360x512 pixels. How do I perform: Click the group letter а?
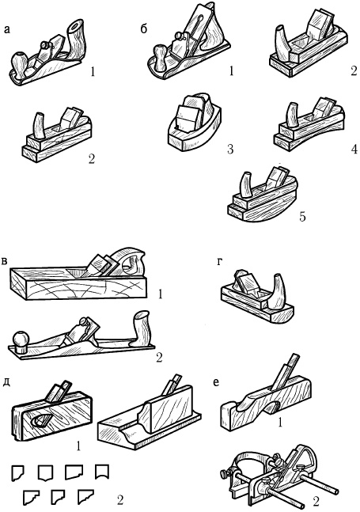click(x=7, y=30)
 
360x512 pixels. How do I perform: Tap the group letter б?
click(x=144, y=28)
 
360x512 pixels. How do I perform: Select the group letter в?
click(x=5, y=262)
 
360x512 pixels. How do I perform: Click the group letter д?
click(x=6, y=383)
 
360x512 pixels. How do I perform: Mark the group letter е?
click(x=216, y=382)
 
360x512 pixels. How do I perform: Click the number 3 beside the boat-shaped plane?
click(x=230, y=150)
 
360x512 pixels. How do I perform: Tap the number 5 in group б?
click(x=302, y=217)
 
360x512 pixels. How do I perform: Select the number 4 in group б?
click(x=354, y=149)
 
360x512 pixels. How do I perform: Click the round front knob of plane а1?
click(x=19, y=62)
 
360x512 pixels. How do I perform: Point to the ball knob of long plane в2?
click(x=21, y=341)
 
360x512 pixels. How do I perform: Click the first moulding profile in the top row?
click(x=17, y=472)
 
